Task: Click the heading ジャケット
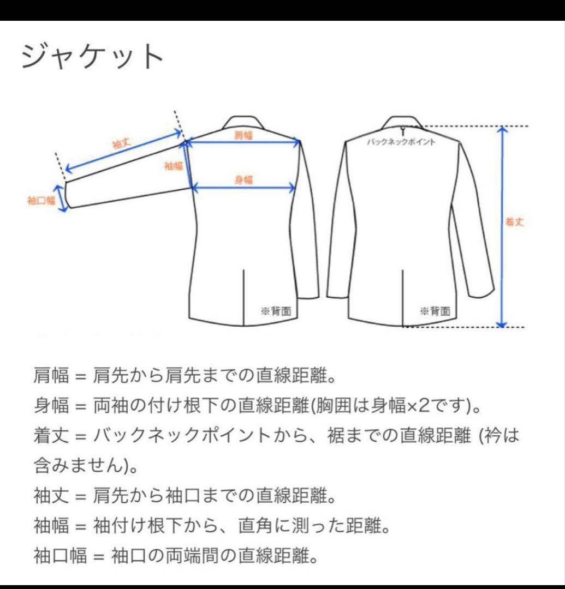(93, 56)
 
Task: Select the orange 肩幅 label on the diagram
(243, 136)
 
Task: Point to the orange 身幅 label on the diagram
(243, 179)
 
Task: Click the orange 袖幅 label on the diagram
(174, 166)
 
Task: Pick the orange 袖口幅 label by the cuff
(41, 200)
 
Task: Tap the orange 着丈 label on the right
(515, 223)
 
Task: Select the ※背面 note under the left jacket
(276, 311)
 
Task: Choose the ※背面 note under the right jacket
(435, 311)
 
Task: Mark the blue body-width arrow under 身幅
(243, 188)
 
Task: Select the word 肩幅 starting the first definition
(51, 376)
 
